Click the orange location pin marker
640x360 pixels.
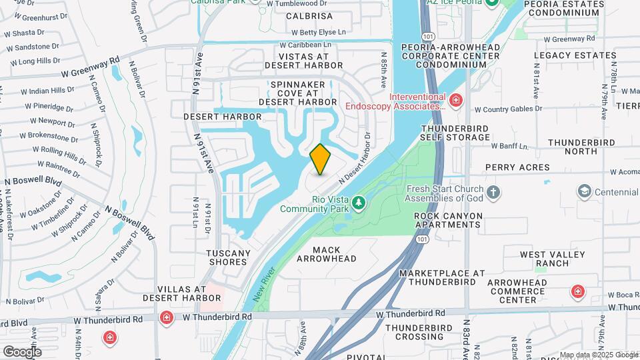(321, 159)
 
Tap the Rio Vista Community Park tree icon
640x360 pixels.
(359, 201)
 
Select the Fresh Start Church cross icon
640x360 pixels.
(493, 193)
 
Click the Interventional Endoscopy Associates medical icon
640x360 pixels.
(455, 101)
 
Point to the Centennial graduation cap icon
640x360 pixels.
(585, 193)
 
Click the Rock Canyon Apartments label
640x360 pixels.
(447, 220)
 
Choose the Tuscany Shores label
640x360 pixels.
(228, 257)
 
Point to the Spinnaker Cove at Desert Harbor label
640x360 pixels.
(297, 93)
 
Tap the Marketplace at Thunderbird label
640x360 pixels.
(442, 277)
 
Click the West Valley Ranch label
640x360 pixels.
(552, 259)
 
